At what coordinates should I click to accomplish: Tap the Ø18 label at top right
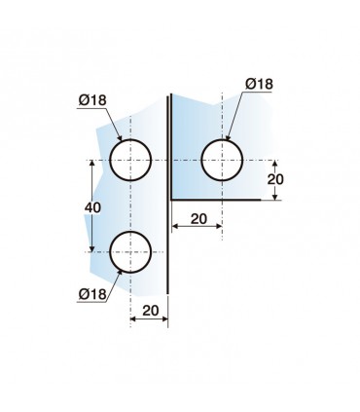pos(259,84)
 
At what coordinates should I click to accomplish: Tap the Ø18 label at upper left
pos(92,100)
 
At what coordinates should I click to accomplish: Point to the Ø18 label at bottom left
pos(92,294)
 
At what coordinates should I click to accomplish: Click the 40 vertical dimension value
pos(92,207)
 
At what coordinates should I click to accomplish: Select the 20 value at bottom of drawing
pos(151,311)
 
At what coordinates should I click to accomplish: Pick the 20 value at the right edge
pos(275,179)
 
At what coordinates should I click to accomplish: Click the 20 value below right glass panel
pos(198,219)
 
